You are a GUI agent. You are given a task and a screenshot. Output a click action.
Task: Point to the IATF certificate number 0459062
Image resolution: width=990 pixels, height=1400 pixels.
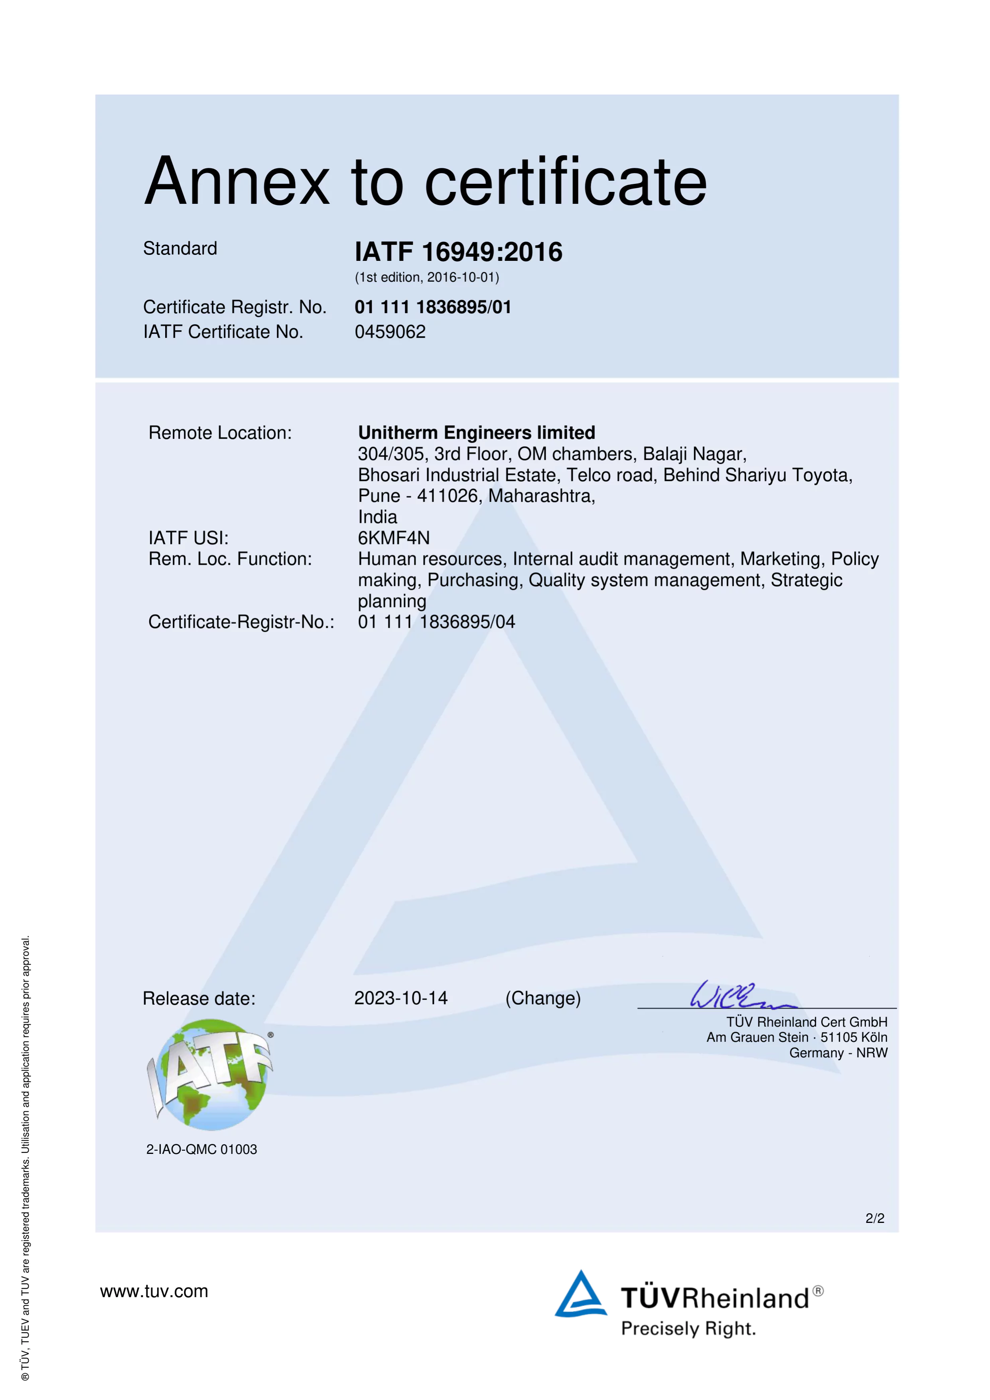(x=390, y=332)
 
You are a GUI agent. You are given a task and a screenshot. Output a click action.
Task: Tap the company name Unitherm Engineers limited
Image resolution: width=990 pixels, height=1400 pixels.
(x=476, y=432)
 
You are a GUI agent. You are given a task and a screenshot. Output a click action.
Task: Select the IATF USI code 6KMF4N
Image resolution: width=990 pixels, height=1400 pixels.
(x=394, y=538)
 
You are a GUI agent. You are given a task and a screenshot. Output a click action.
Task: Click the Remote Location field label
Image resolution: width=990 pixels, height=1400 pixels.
(x=220, y=433)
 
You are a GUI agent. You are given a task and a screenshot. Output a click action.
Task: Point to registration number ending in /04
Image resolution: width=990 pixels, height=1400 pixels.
(x=436, y=622)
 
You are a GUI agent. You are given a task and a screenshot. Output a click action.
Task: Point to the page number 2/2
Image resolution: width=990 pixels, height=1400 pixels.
(x=874, y=1218)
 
